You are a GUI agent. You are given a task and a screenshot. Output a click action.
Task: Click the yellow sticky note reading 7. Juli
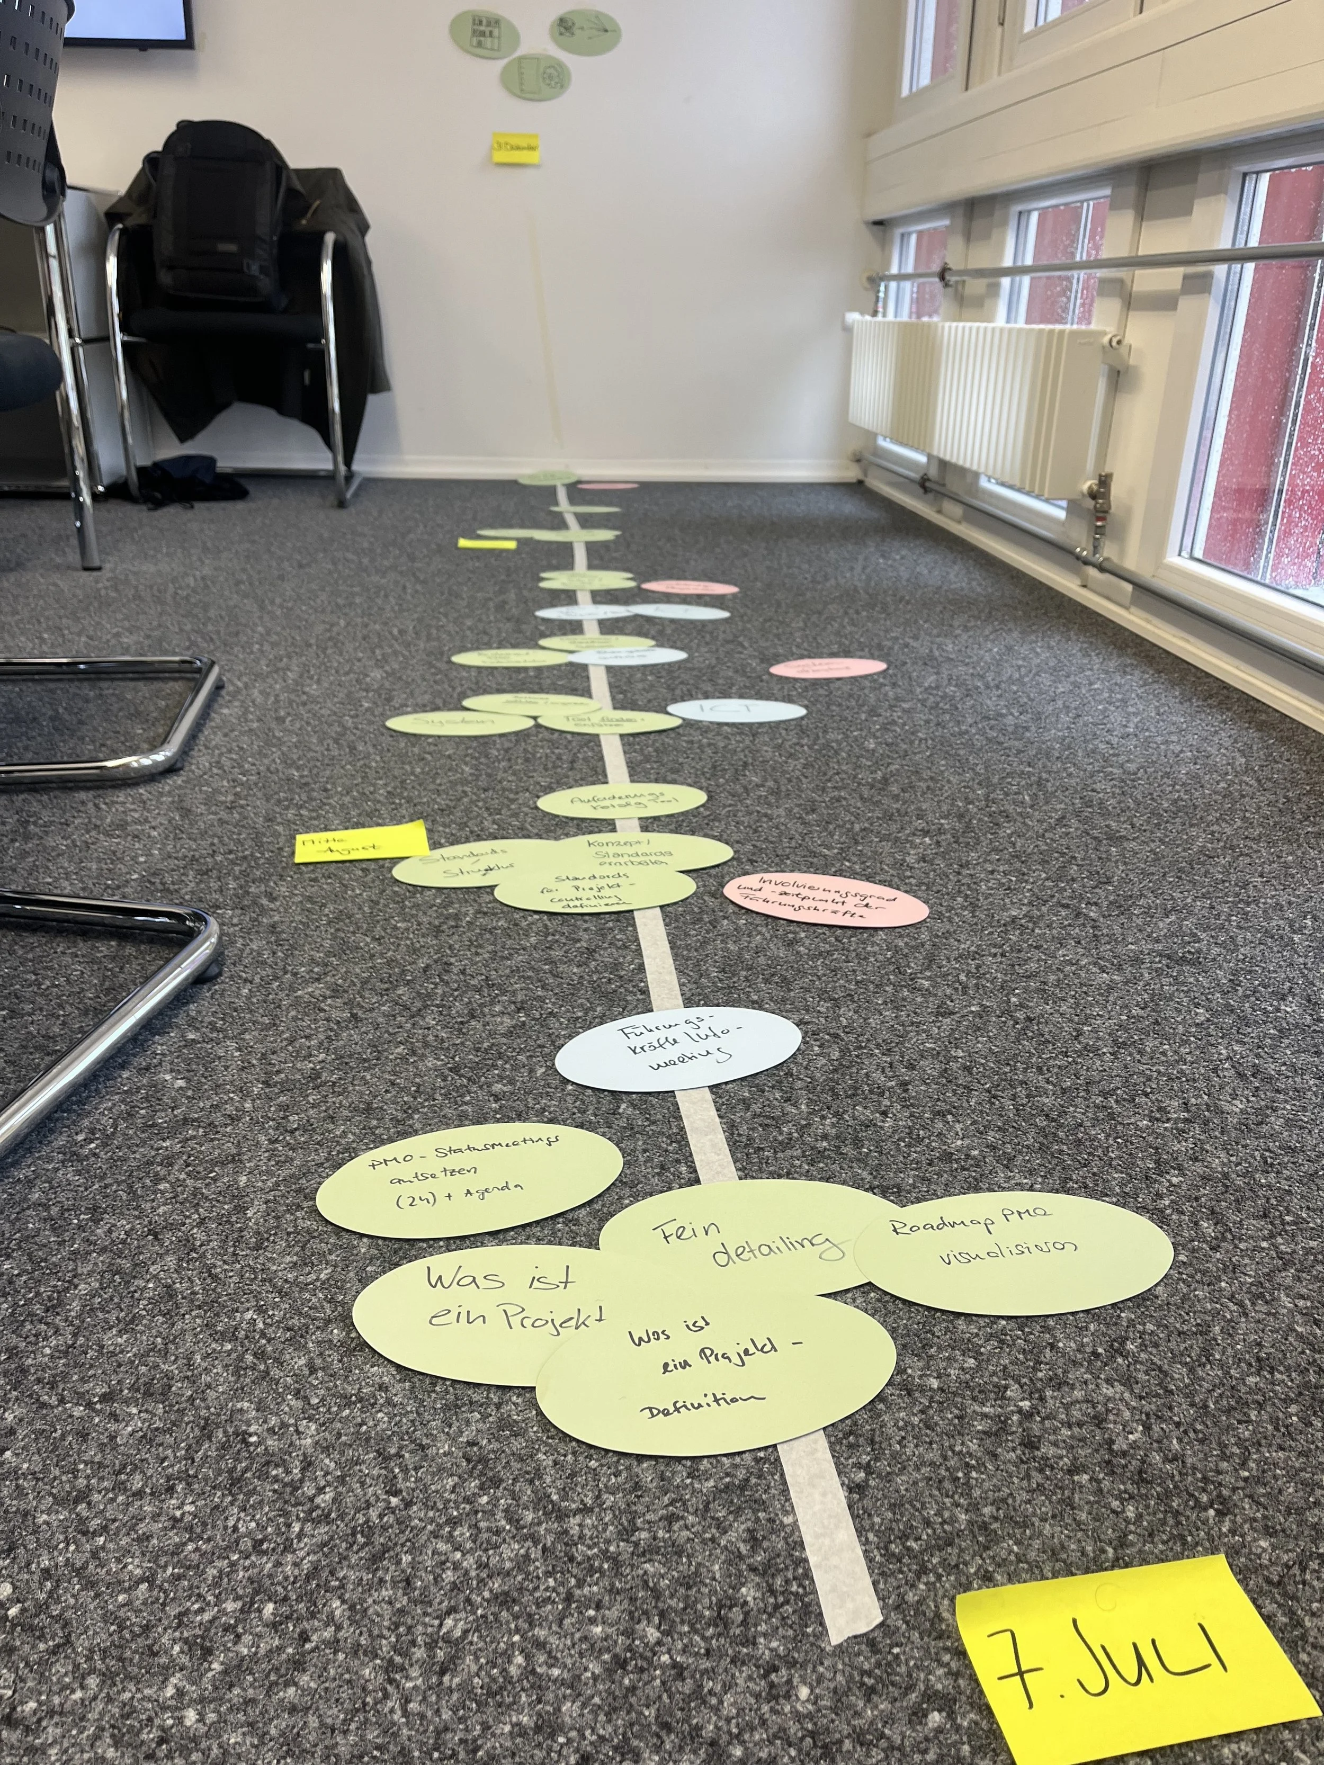1133,1668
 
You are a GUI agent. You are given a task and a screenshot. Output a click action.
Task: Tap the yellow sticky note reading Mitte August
361,843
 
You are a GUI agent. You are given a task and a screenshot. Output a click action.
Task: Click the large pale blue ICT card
736,710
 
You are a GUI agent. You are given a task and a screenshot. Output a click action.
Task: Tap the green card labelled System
458,723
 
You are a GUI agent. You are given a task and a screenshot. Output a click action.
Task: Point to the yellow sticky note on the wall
515,148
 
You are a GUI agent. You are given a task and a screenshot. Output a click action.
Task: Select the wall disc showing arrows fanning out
586,32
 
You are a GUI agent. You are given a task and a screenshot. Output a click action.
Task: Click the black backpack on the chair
217,216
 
